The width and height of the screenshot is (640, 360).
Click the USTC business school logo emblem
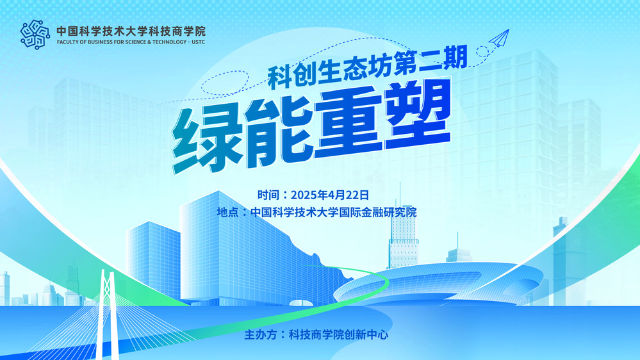coord(35,35)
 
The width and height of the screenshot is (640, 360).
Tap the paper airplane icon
coord(499,38)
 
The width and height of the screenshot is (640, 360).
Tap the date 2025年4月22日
coord(330,195)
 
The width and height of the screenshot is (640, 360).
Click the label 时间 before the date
coord(268,195)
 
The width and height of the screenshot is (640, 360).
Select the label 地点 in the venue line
coord(228,212)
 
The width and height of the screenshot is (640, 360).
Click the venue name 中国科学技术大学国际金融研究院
coord(334,212)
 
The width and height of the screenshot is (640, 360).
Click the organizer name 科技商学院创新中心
coord(338,334)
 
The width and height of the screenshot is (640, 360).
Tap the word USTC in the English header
coord(199,42)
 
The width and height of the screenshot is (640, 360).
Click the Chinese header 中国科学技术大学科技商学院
coord(131,31)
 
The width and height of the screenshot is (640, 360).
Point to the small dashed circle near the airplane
coord(482,52)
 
